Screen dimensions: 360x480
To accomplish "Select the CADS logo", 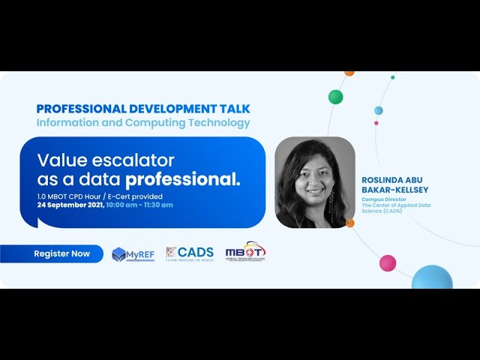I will (189, 253).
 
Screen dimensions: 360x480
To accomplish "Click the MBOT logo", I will (245, 253).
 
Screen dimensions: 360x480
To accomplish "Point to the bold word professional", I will (183, 180).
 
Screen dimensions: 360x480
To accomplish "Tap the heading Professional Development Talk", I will (143, 109).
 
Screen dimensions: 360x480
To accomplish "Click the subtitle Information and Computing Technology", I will (143, 122).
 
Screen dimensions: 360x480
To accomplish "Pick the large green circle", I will (335, 97).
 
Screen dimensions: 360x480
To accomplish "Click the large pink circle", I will (388, 263).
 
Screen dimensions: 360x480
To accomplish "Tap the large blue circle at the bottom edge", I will (432, 279).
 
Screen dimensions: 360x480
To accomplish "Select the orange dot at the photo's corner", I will (350, 223).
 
